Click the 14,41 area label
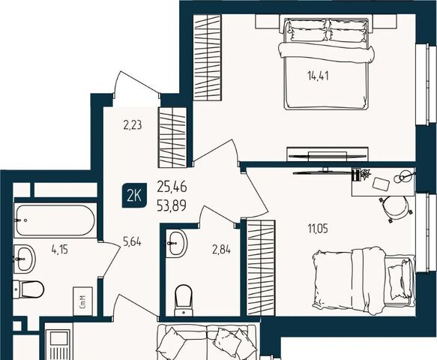coord(318,76)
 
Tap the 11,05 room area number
coord(318,229)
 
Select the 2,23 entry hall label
coord(133,125)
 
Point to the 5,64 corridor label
coord(132,241)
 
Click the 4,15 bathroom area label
coord(60,249)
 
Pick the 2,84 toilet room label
coord(222,249)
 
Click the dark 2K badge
coord(133,196)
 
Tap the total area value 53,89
coord(172,207)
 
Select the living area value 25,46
coord(172,187)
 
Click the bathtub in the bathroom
coord(55,220)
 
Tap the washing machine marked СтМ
coord(82,301)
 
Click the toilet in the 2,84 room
coord(184,300)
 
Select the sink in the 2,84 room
coord(176,243)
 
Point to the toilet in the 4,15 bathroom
coord(29,289)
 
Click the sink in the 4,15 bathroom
coord(25,259)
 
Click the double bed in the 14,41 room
coord(326,64)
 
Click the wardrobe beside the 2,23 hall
coord(172,137)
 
